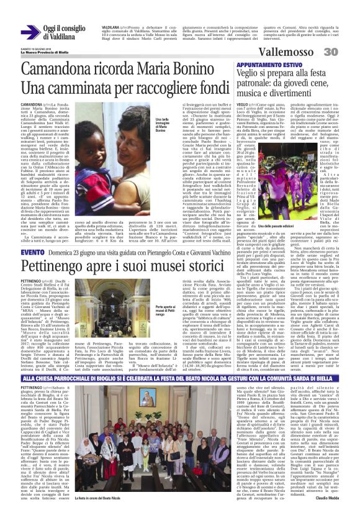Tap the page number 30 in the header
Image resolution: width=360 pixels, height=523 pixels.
point(348,52)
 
